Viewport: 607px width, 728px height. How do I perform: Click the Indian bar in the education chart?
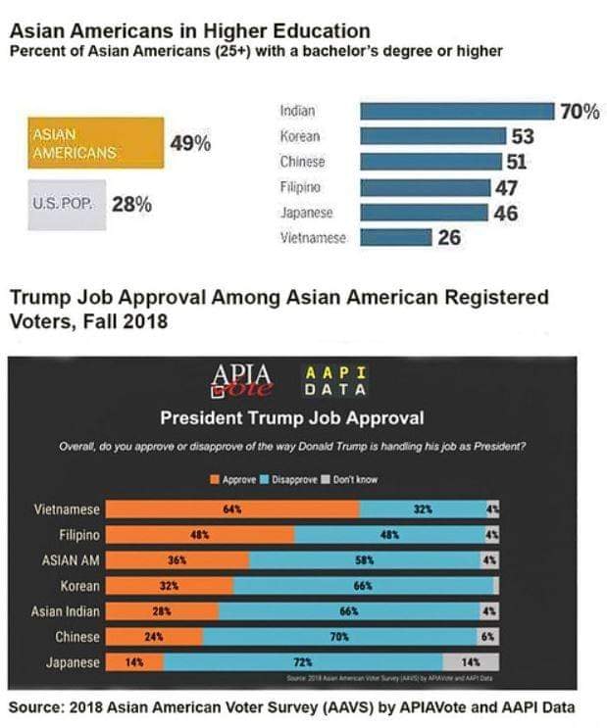(x=456, y=112)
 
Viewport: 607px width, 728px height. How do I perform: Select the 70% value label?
(x=579, y=112)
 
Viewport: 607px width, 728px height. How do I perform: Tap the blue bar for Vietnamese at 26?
(x=395, y=236)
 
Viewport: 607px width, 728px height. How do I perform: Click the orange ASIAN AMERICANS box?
(x=96, y=143)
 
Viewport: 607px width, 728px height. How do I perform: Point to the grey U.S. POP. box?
(x=67, y=205)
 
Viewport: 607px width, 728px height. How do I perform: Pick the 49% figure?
(x=190, y=144)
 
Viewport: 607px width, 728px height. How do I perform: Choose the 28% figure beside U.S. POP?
(x=130, y=205)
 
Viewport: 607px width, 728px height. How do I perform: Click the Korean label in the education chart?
(x=299, y=137)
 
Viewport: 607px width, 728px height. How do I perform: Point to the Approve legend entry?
(x=232, y=480)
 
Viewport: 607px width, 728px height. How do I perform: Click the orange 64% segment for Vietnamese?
(x=232, y=510)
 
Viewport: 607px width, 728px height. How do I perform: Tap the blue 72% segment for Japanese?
(x=304, y=662)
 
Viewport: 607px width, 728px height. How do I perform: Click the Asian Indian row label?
(x=67, y=611)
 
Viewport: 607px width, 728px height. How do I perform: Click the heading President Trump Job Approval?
(x=291, y=419)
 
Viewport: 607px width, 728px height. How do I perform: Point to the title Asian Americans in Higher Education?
(x=189, y=31)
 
